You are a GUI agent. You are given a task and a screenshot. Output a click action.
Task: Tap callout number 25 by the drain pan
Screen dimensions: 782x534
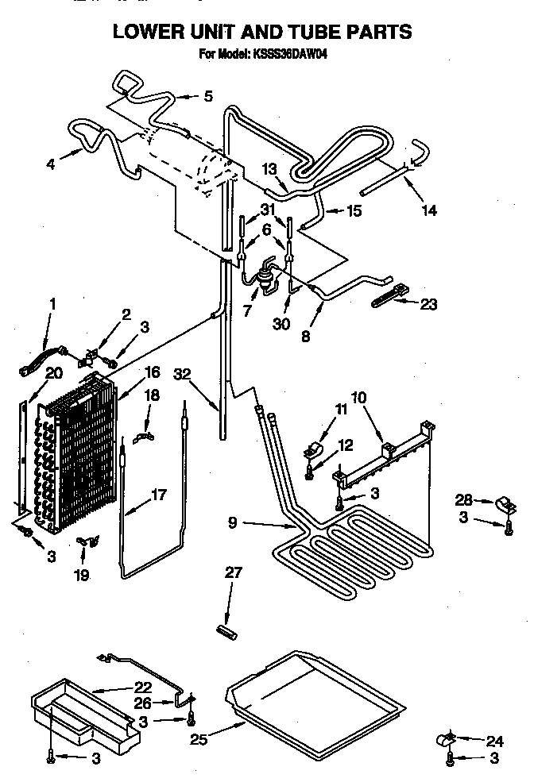[199, 741]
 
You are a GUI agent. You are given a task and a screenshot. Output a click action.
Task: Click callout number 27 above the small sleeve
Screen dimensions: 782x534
[234, 572]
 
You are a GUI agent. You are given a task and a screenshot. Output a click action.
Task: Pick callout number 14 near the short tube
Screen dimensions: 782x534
[430, 210]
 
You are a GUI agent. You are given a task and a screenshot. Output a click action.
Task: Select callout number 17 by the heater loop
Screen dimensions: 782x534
[159, 494]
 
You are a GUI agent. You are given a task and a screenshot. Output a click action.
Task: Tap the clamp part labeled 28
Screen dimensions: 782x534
[503, 501]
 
